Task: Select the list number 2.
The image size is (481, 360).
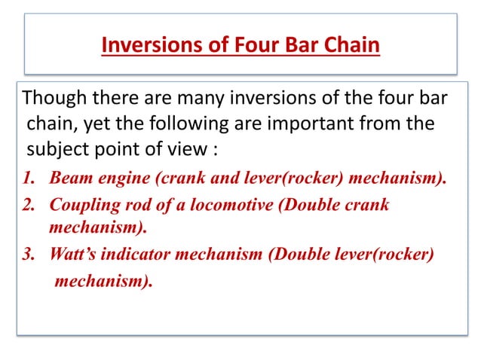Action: coord(31,205)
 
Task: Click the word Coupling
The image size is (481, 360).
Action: coord(81,205)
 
